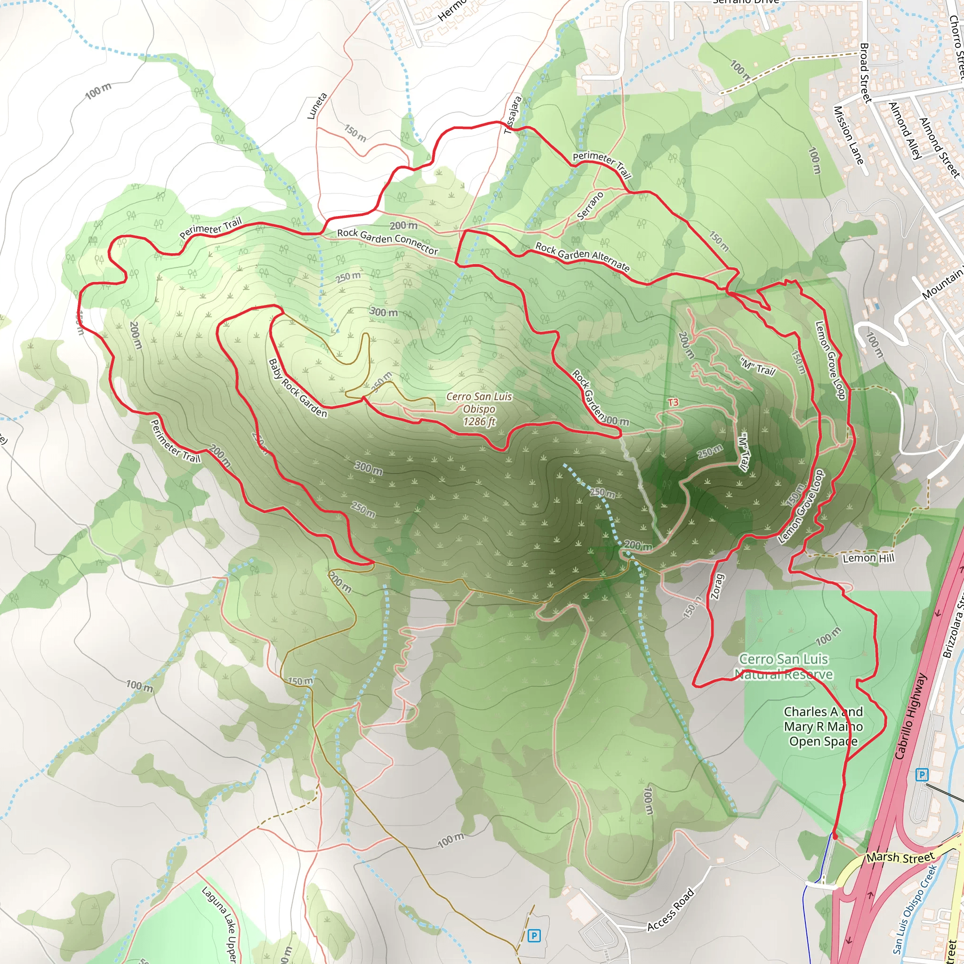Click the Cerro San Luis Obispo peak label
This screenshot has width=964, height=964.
[x=479, y=409]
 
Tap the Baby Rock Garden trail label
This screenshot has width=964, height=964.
[x=297, y=388]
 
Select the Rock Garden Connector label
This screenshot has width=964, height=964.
[x=387, y=241]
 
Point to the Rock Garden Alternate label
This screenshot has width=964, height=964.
[x=582, y=257]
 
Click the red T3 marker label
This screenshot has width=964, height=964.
[x=673, y=402]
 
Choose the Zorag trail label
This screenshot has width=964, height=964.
[x=716, y=586]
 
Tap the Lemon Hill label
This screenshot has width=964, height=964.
[x=868, y=558]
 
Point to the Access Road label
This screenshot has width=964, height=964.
[x=670, y=909]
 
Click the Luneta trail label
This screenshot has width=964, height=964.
[x=317, y=106]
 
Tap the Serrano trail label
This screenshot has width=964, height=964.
[x=590, y=206]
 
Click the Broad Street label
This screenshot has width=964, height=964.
[x=865, y=73]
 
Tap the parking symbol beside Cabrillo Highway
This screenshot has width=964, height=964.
[x=922, y=775]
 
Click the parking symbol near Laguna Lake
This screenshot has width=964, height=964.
[x=533, y=936]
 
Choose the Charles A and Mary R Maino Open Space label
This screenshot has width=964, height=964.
[x=823, y=726]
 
